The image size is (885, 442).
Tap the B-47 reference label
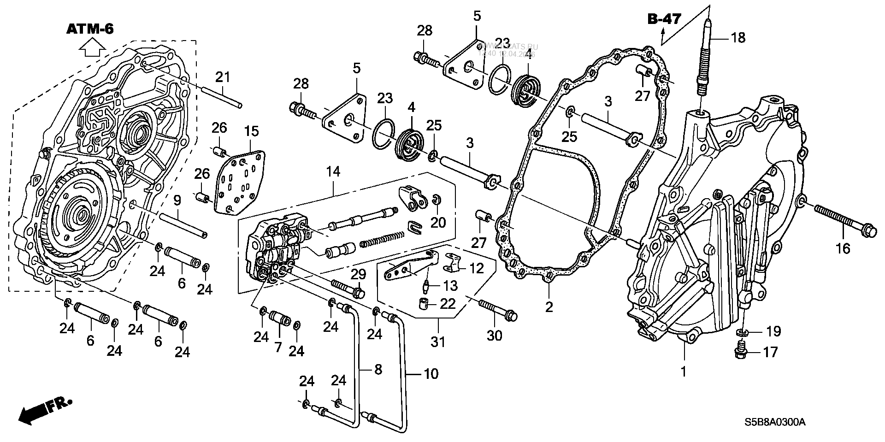click(664, 19)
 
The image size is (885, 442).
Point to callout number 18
click(738, 37)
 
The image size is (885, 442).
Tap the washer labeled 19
click(743, 332)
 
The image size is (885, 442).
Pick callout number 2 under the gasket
click(549, 307)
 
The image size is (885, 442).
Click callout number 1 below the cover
click(684, 371)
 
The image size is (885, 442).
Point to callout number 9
click(177, 200)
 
